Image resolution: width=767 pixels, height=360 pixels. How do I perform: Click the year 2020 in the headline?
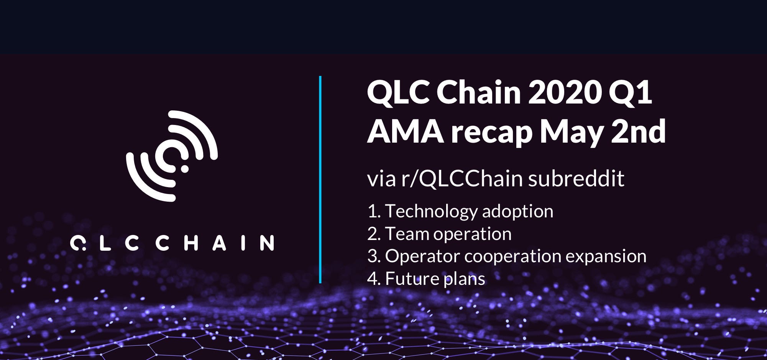coord(564,92)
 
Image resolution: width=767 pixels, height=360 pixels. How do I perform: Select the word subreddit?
coord(576,179)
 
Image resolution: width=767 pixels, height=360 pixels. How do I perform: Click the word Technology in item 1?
coord(431,212)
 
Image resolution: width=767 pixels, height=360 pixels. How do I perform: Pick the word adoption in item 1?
coord(518,212)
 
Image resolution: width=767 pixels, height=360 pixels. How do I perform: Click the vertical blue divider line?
coord(320,179)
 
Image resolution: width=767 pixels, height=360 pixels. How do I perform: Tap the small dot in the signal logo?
coord(184,169)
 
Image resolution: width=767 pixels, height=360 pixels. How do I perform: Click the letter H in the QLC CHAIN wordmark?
coord(191,243)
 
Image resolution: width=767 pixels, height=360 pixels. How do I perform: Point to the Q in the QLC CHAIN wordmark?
coord(78,243)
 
